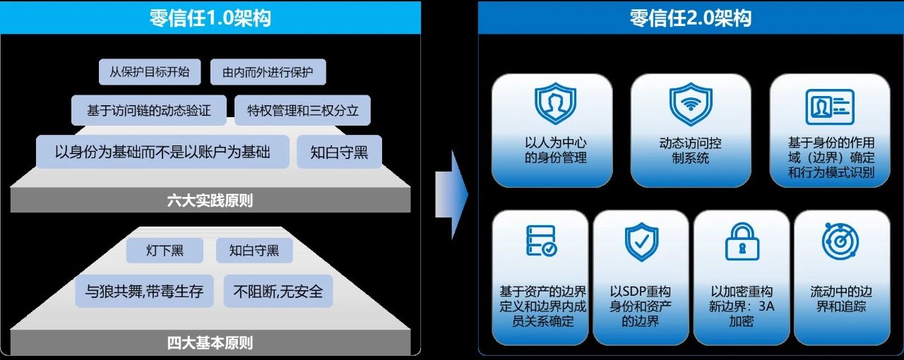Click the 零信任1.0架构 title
point(210,18)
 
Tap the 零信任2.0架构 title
point(691,18)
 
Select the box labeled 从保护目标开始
point(150,72)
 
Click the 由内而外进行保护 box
point(268,72)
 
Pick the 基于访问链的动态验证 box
point(149,110)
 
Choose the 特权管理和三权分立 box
point(303,110)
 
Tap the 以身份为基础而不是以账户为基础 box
point(162,152)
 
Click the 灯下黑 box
point(165,250)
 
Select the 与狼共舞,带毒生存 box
point(144,291)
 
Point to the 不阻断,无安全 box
point(278,291)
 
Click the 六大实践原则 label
point(210,200)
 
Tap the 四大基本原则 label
point(210,342)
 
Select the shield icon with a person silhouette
point(555,103)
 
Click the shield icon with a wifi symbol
point(691,104)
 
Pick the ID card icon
point(830,107)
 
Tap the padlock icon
point(742,241)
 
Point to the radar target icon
point(840,241)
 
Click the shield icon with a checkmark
point(641,241)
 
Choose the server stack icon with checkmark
point(542,241)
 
